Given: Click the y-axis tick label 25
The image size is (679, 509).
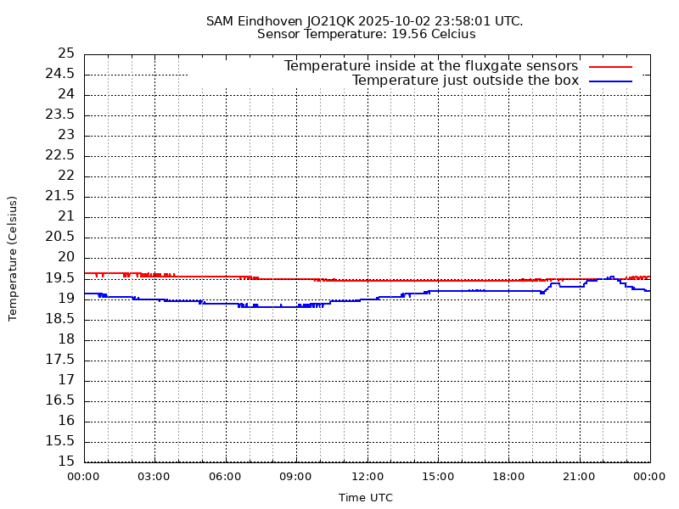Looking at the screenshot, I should (x=66, y=53).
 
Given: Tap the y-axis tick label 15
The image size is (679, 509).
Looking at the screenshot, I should (x=66, y=461).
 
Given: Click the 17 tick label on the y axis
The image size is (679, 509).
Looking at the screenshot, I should (x=66, y=380).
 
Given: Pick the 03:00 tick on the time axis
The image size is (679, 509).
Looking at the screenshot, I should (x=154, y=477).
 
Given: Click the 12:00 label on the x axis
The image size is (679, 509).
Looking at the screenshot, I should (x=367, y=477).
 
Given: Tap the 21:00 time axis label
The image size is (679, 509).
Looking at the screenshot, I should (x=579, y=477).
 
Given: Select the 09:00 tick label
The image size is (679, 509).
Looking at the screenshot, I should (x=295, y=477).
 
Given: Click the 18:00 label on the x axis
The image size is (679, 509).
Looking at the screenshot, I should (x=508, y=477).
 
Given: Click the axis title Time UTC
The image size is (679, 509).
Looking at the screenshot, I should (x=366, y=498).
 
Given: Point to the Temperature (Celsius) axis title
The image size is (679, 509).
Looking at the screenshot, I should (x=13, y=258).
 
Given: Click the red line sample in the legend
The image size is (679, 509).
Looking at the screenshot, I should (x=611, y=66).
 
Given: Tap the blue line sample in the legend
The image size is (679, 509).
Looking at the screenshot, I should (x=611, y=81).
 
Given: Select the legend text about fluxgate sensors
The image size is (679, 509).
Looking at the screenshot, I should (x=430, y=66).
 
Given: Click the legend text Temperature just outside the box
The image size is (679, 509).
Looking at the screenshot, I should (x=465, y=81).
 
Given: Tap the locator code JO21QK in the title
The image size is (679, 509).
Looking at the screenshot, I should (x=333, y=20).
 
